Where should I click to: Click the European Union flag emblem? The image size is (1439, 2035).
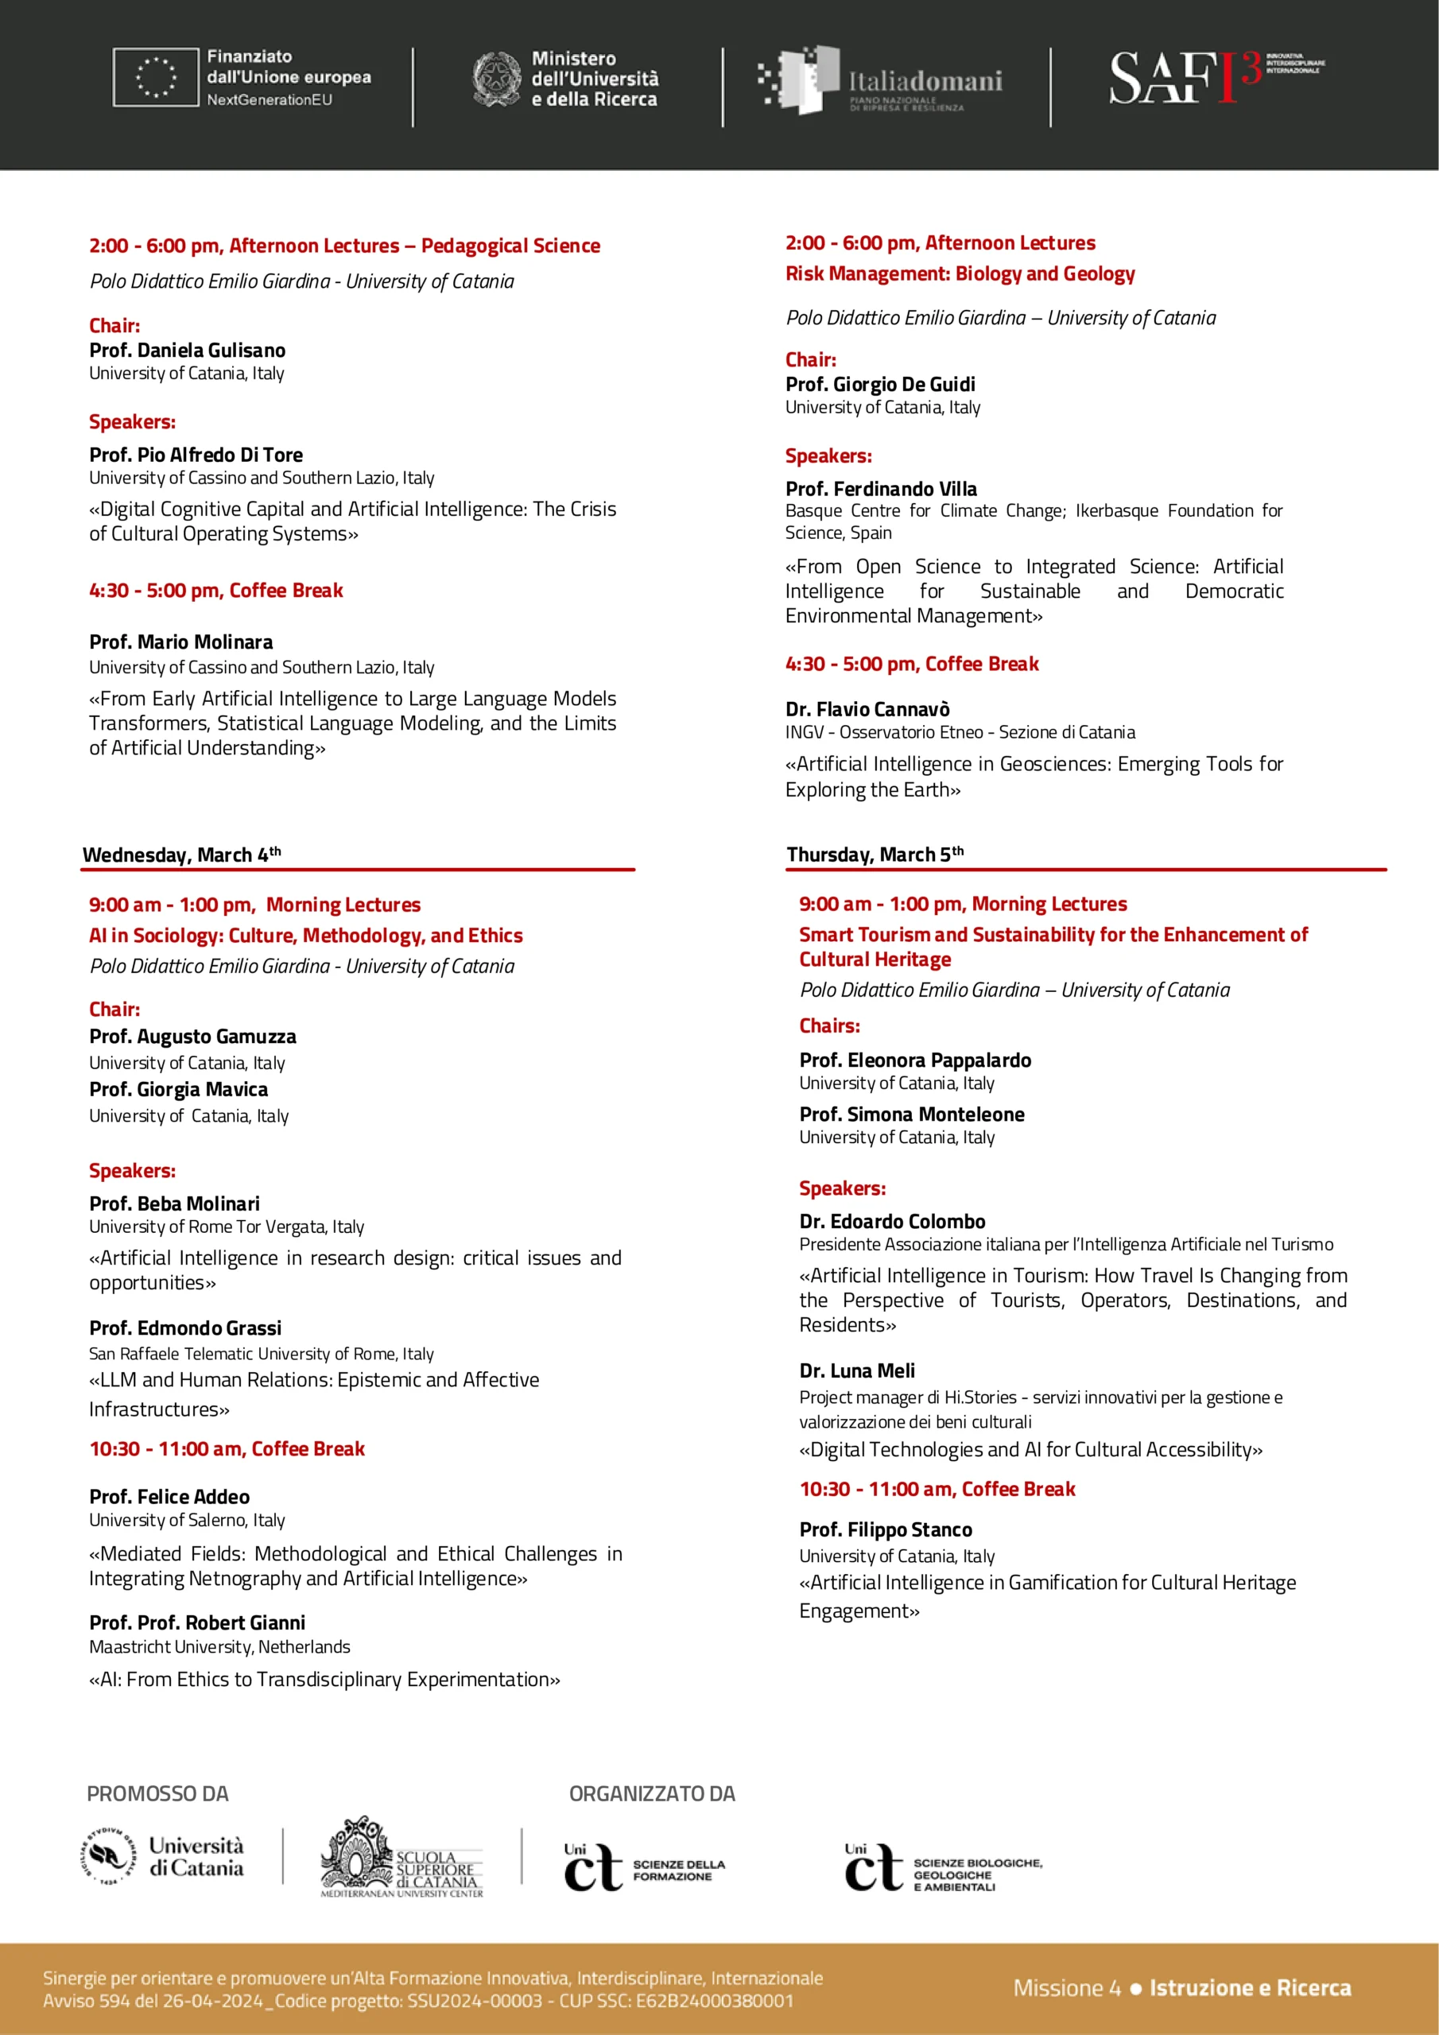155,77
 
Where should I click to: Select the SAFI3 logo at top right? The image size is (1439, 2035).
1215,77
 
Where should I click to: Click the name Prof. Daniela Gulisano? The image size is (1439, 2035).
187,350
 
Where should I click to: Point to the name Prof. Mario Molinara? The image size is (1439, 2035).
181,642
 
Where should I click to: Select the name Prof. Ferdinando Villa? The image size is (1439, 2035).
880,488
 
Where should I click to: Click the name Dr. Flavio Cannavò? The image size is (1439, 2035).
867,709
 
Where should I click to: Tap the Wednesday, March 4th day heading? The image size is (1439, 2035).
182,855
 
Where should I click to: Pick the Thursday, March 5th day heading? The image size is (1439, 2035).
875,855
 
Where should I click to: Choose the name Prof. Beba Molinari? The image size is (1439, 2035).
175,1203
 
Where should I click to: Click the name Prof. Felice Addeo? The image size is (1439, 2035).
169,1496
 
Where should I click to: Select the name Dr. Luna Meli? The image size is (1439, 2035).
856,1370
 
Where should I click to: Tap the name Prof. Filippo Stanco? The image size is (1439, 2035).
885,1529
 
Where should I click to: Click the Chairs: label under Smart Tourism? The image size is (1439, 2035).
829,1025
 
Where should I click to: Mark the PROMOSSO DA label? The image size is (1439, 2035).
158,1794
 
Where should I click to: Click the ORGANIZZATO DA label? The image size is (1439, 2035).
652,1794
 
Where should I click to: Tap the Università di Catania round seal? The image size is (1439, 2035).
110,1856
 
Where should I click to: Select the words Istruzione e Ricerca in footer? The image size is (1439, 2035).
1249,1988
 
